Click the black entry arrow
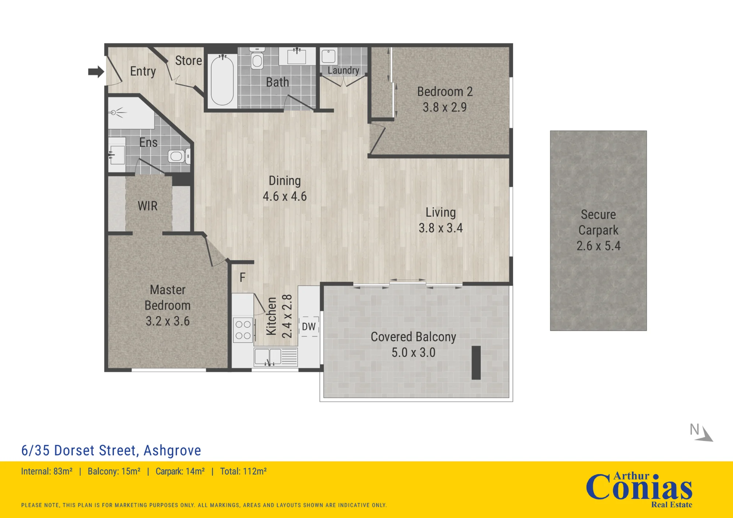pos(96,71)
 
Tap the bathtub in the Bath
pos(222,80)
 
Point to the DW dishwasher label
pos(309,326)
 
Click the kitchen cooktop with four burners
pos(243,330)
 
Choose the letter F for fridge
pos(242,278)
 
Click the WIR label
pos(148,206)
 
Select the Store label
pos(188,60)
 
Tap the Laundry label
pos(343,70)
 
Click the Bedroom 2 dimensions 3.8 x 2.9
pos(445,107)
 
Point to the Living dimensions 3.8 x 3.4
pos(441,228)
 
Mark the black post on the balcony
pos(476,363)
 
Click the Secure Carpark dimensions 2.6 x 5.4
pos(598,246)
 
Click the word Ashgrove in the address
pos(172,451)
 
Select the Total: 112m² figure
pos(243,471)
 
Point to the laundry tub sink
pos(329,56)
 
